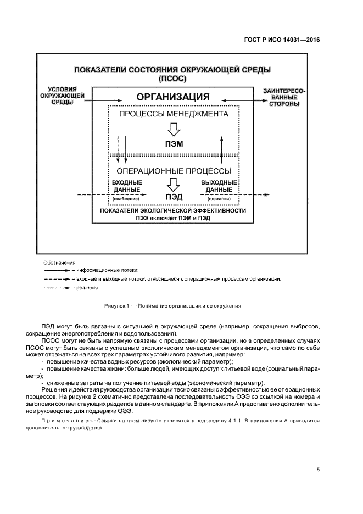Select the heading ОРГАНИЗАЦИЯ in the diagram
(173, 97)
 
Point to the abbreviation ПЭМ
(174, 144)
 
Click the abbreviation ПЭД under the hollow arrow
(174, 196)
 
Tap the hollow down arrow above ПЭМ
(174, 130)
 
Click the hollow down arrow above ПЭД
(174, 183)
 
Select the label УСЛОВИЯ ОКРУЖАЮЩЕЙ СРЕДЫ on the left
(62, 96)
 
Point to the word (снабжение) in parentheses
(126, 199)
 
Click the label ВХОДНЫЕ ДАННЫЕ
(127, 186)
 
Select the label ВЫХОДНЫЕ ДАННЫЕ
(219, 186)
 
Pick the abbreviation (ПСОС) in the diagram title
(172, 79)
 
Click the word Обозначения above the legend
(60, 263)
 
